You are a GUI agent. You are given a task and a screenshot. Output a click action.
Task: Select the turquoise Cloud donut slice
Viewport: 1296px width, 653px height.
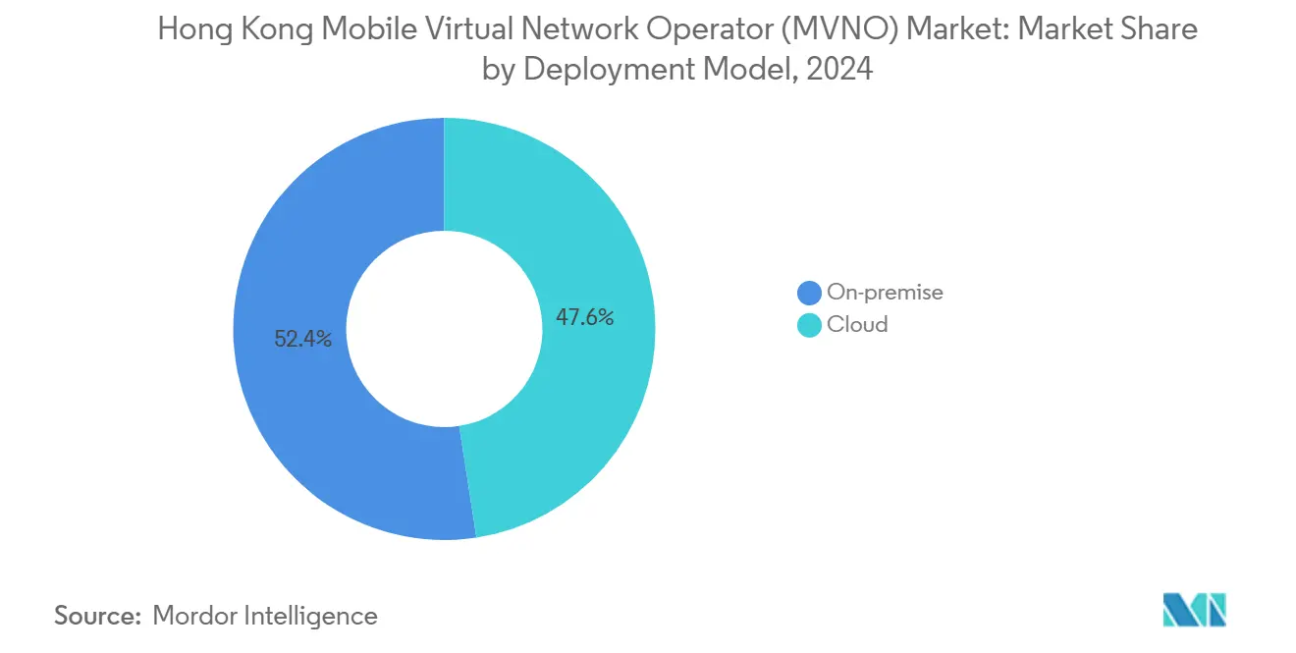point(589,245)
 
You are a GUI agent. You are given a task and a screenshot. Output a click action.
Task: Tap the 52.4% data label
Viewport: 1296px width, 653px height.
point(302,340)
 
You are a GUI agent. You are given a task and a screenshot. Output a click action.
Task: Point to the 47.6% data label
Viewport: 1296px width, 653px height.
point(584,317)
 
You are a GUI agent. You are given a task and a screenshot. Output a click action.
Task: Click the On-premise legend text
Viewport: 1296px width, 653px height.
point(885,292)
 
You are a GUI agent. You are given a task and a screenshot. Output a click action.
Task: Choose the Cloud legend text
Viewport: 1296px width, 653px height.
point(857,324)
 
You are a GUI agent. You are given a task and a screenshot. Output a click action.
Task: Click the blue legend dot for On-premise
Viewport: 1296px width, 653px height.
point(809,293)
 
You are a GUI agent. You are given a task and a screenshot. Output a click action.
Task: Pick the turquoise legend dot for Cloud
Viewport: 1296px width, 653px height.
point(809,325)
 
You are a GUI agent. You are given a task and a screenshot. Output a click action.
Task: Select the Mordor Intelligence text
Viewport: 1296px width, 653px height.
point(265,616)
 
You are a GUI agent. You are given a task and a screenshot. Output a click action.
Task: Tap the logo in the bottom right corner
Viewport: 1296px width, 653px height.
point(1194,610)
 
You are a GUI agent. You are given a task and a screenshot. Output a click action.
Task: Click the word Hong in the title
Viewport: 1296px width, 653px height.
point(189,29)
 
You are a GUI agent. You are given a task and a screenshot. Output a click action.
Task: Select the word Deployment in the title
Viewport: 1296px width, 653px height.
point(601,71)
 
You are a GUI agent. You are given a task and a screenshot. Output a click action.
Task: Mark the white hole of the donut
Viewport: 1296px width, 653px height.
point(445,329)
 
